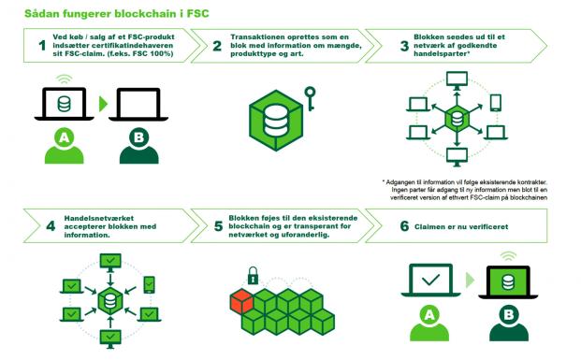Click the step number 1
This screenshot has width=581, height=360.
41,45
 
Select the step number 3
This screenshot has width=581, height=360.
404,45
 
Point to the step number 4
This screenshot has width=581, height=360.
50,226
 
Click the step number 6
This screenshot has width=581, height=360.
404,226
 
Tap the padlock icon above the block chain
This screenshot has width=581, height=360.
253,277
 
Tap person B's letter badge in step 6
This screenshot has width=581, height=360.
508,316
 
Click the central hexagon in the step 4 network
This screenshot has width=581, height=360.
110,302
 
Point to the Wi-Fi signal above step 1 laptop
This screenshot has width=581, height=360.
64,79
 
